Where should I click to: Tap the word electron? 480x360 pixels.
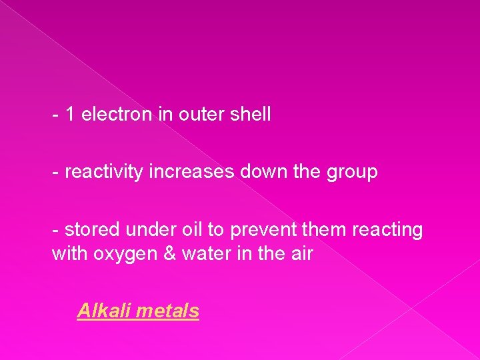117,115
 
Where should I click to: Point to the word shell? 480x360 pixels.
250,115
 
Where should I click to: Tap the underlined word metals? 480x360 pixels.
170,311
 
